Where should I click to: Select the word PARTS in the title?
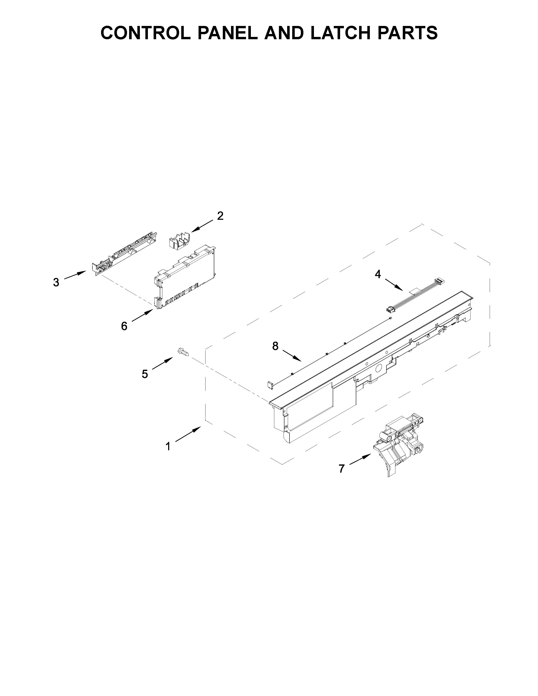[x=412, y=33]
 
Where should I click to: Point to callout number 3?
[x=56, y=282]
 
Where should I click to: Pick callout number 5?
[x=145, y=374]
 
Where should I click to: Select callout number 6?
[x=124, y=326]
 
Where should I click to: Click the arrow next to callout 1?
[x=188, y=435]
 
